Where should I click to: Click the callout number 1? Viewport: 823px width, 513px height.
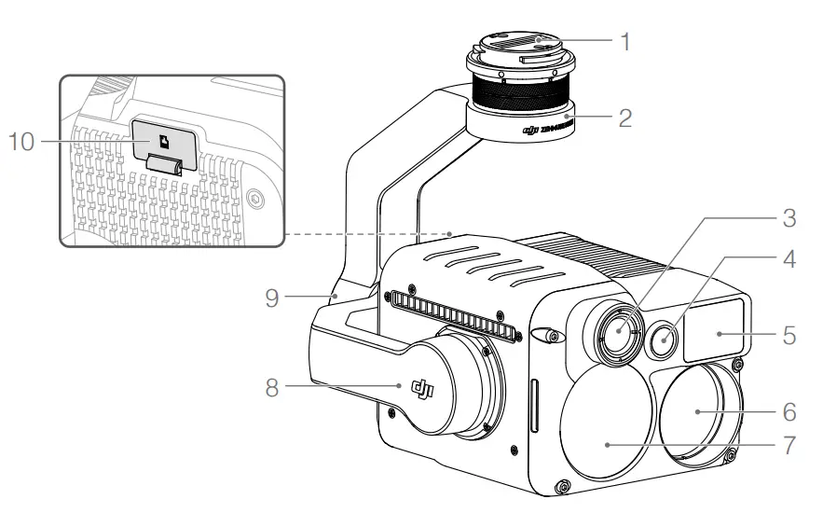[626, 42]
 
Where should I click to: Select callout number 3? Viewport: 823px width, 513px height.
[789, 220]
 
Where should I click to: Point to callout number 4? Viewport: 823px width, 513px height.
[789, 259]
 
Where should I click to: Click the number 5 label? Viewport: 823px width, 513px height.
[789, 333]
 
